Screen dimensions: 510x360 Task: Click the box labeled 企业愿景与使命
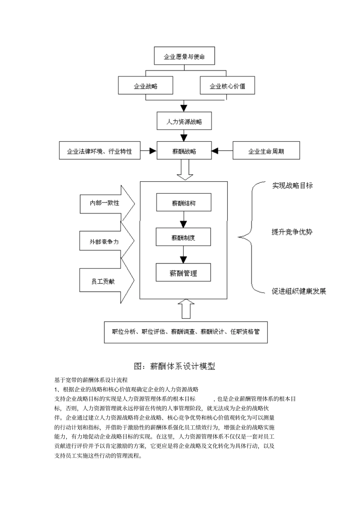[x=184, y=56]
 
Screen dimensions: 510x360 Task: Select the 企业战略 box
[x=146, y=86]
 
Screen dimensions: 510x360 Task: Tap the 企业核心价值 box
[x=227, y=86]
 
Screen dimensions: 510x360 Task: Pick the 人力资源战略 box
[x=184, y=122]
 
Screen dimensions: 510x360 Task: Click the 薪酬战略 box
[x=184, y=151]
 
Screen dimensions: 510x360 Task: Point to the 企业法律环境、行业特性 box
[x=100, y=151]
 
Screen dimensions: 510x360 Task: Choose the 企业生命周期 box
[x=266, y=151]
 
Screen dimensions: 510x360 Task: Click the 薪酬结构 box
[x=184, y=203]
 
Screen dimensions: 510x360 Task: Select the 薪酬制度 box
[x=183, y=238]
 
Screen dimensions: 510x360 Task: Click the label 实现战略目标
[x=292, y=185]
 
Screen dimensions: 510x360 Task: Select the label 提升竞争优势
[x=292, y=232]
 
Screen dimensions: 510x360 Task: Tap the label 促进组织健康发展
[x=299, y=291]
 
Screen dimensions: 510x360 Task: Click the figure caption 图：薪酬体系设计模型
[x=175, y=366]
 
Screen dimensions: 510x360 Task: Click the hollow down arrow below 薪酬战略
[x=185, y=171]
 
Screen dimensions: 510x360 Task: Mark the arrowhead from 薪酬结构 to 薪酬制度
[x=183, y=224]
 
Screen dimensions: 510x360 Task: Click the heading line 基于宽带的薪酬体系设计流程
[x=91, y=380]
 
